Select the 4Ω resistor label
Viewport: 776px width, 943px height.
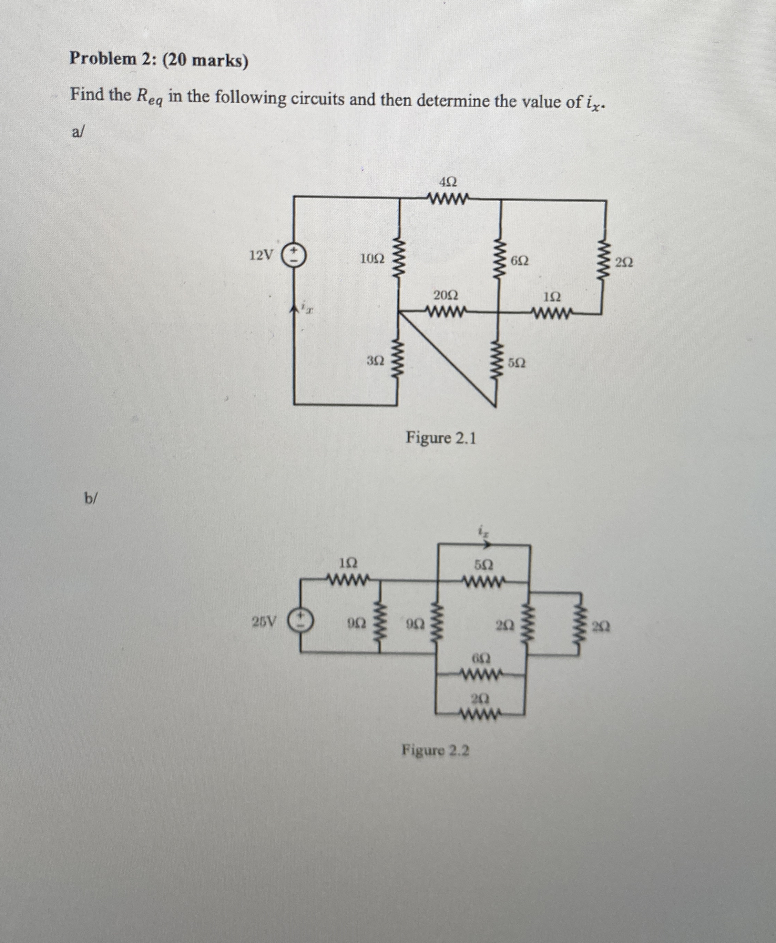click(448, 182)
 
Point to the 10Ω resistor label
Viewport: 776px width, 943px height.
click(372, 258)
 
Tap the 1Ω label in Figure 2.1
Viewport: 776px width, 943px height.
click(552, 296)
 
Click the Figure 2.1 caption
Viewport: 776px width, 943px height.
click(441, 438)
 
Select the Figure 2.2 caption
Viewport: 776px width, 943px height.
click(436, 750)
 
